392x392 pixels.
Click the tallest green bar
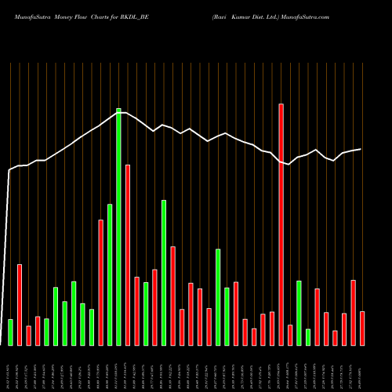118,227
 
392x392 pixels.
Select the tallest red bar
281,224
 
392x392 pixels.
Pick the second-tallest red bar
128,255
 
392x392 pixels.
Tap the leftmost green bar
10,332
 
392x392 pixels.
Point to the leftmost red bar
20,304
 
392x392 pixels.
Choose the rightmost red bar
362,328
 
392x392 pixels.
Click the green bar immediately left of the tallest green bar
110,274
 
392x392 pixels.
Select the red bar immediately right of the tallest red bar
290,335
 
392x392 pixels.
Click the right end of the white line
361,149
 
